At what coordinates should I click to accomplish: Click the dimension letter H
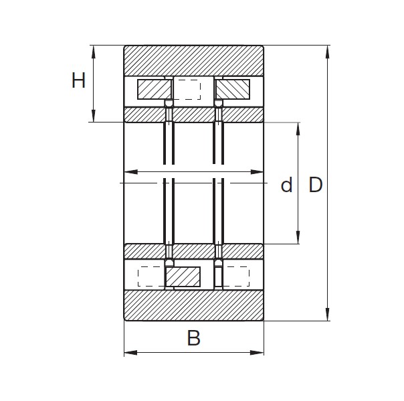point(79,81)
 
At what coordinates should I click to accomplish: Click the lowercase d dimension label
point(286,185)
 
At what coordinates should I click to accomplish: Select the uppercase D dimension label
point(315,185)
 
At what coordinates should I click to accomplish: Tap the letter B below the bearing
point(193,339)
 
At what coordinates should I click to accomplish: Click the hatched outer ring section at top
point(194,61)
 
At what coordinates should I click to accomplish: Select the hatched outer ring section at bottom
point(194,305)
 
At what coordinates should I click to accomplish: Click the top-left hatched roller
point(154,89)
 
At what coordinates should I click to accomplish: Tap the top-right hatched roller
point(233,89)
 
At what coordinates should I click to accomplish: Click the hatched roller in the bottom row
point(183,276)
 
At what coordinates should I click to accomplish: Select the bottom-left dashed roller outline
point(150,276)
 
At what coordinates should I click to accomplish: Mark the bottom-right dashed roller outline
point(235,276)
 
